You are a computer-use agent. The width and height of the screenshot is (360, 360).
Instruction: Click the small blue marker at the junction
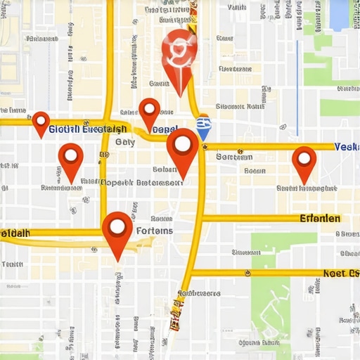pyautogui.click(x=203, y=129)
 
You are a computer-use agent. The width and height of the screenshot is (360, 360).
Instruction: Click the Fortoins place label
pyautogui.click(x=153, y=231)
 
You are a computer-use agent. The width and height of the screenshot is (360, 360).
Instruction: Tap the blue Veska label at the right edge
pyautogui.click(x=347, y=147)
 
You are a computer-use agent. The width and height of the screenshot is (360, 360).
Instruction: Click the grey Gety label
pyautogui.click(x=124, y=142)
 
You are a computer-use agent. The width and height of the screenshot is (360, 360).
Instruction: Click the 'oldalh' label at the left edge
pyautogui.click(x=15, y=233)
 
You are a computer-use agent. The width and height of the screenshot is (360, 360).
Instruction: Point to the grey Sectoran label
pyautogui.click(x=233, y=157)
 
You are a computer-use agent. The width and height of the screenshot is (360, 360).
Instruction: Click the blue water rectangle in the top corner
pyautogui.click(x=340, y=14)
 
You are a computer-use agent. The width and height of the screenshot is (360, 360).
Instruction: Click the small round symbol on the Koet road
pyautogui.click(x=247, y=273)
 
